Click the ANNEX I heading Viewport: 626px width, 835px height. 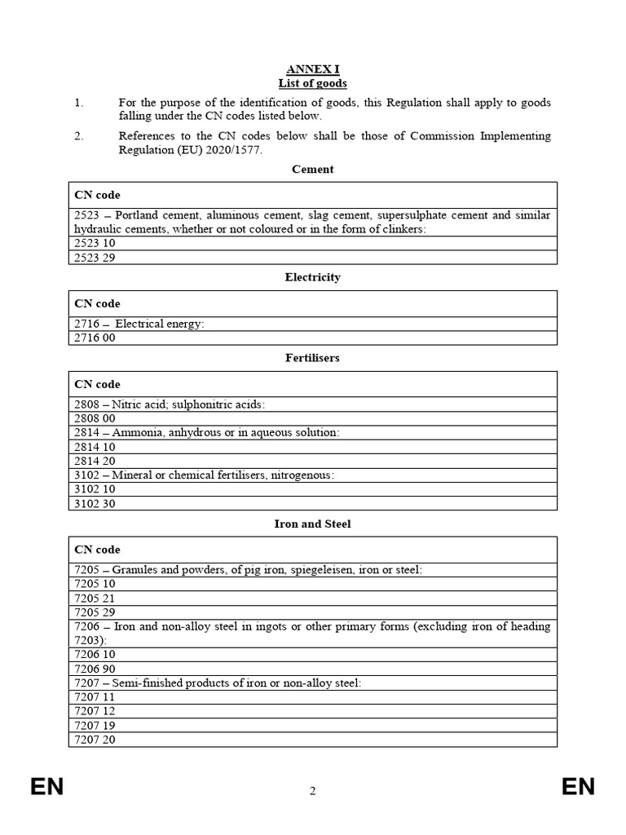tap(312, 70)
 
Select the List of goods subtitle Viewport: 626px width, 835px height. tap(312, 83)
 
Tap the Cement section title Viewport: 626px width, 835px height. tap(312, 170)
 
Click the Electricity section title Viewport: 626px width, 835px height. tap(312, 277)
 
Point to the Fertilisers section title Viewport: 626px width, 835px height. tap(312, 358)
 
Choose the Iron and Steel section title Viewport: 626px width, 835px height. tap(312, 524)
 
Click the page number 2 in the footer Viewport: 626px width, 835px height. tap(312, 790)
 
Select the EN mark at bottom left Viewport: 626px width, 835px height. tap(47, 787)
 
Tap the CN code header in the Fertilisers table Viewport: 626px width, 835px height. tap(97, 384)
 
